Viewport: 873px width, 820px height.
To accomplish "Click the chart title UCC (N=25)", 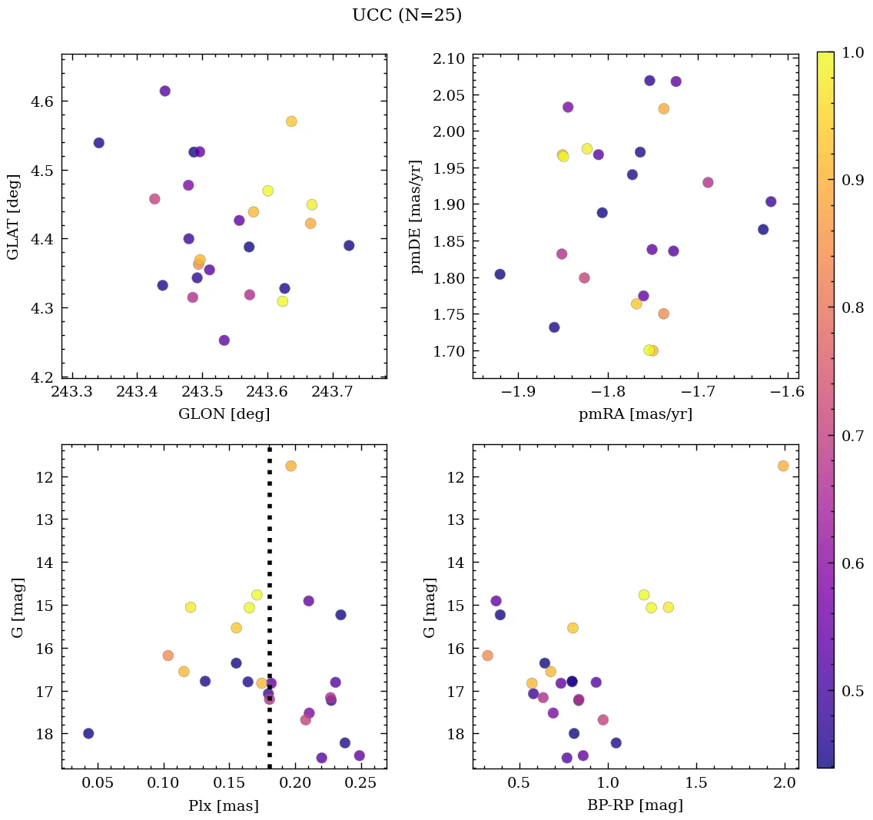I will [407, 15].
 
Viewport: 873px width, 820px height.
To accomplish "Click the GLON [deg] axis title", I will [224, 414].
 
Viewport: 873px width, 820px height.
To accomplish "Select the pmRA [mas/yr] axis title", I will [635, 414].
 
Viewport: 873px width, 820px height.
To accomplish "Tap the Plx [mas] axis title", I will [224, 805].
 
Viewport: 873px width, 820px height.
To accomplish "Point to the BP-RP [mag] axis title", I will [635, 805].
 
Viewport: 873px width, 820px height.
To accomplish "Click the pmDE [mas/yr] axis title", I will [417, 217].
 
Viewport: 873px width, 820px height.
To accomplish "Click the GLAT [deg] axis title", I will [12, 217].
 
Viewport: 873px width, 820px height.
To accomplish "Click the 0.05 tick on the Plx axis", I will [99, 784].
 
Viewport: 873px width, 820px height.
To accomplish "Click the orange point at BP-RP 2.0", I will [783, 466].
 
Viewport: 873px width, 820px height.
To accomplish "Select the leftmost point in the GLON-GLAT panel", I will [98, 143].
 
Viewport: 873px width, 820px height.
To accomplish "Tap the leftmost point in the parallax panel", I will [88, 733].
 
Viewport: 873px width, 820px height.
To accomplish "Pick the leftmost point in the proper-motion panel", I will [500, 274].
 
